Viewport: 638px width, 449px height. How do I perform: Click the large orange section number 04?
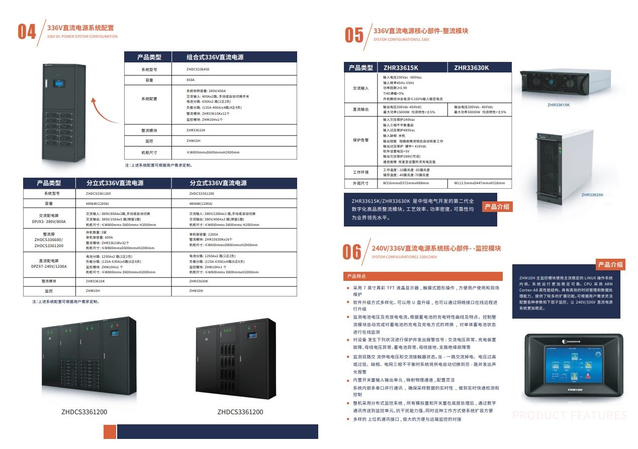[x=27, y=32]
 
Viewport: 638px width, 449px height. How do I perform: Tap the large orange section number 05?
[x=354, y=35]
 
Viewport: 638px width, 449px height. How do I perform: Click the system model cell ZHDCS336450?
[x=198, y=69]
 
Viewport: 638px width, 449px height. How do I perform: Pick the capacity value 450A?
[x=191, y=80]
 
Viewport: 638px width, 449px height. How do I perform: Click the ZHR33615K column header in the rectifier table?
[x=401, y=68]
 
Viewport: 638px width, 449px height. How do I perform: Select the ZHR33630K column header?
[x=471, y=68]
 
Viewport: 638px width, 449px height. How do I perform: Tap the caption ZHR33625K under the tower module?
[x=592, y=194]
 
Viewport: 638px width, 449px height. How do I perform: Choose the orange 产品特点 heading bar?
[x=423, y=276]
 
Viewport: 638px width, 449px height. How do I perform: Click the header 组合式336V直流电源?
[x=215, y=57]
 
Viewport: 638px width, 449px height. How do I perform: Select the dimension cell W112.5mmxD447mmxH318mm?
[x=479, y=183]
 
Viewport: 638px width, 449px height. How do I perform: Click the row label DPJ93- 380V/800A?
[x=49, y=218]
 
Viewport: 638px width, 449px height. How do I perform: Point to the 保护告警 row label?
[x=360, y=140]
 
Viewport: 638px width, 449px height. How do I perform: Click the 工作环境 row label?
[x=360, y=172]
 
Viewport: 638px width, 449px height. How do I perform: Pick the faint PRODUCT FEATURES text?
[x=570, y=415]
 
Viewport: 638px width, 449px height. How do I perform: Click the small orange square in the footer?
[x=110, y=431]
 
